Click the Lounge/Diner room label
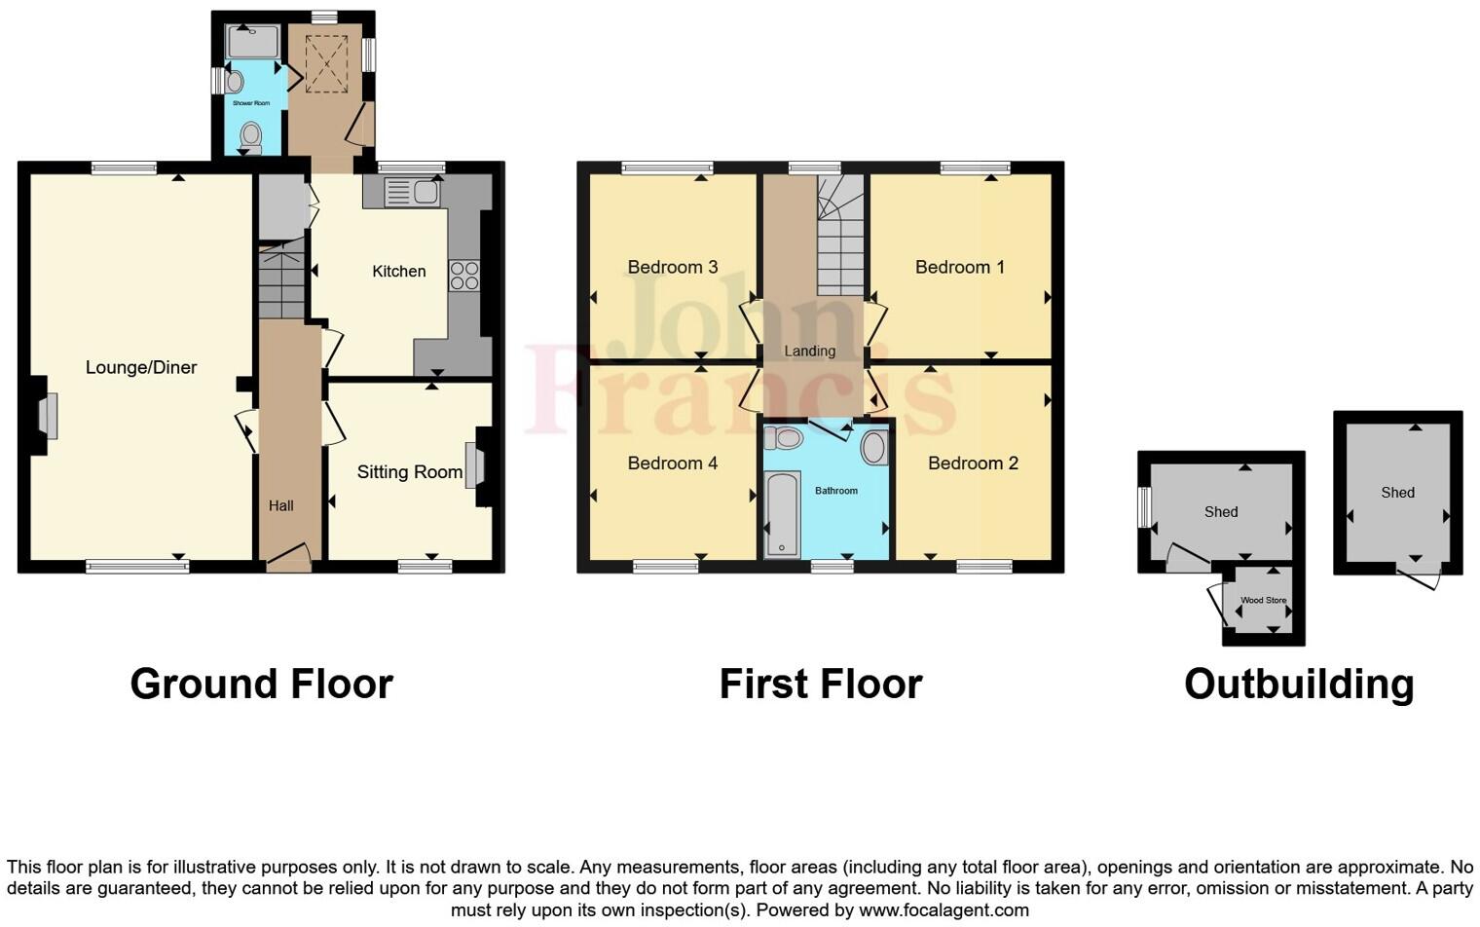tap(141, 367)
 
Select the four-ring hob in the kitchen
tap(463, 276)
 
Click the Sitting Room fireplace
tap(474, 465)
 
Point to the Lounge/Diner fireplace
tap(47, 416)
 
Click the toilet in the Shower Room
tap(251, 137)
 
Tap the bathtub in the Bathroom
tap(782, 514)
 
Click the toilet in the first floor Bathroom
tap(784, 438)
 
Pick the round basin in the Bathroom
tap(874, 448)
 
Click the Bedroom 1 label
tap(959, 267)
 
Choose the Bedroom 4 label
tap(672, 463)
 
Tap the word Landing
tap(810, 351)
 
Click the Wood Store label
tap(1263, 601)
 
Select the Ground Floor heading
tap(261, 684)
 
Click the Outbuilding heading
tap(1298, 684)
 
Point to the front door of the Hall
tap(288, 560)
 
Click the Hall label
tap(281, 505)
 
